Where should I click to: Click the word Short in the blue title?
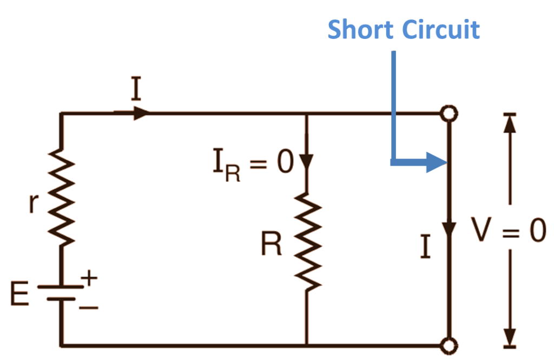[360, 29]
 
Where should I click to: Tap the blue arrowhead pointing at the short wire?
[435, 161]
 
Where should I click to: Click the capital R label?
[271, 245]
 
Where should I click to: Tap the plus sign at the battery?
[89, 278]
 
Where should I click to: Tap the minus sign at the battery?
[90, 307]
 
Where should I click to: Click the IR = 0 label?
[252, 163]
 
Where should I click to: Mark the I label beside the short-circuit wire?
[426, 247]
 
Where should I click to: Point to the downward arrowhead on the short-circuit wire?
[449, 227]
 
